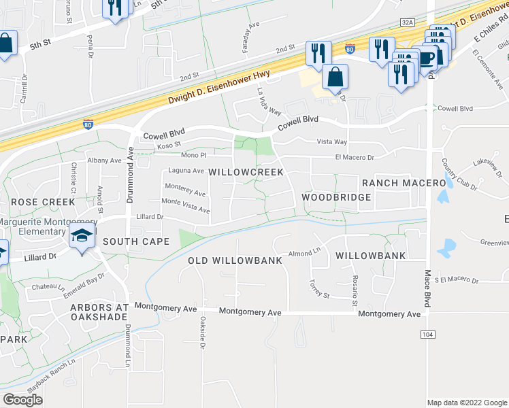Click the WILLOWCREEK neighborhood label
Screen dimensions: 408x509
[x=246, y=173]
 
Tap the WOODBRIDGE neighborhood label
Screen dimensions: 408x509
[x=337, y=197]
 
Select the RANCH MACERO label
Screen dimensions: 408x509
[x=404, y=183]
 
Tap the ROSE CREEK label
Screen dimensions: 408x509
[x=42, y=202]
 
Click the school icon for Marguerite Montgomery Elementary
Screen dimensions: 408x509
[x=82, y=237]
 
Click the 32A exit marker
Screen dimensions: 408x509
[x=408, y=22]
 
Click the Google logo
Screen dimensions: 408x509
[x=22, y=400]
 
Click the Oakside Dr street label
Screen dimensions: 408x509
[x=202, y=333]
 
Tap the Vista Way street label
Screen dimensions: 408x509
[x=332, y=141]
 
